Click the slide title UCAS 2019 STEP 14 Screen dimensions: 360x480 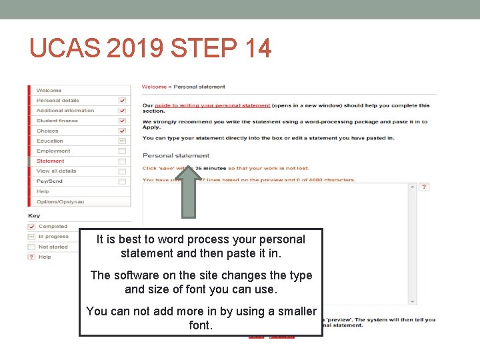pyautogui.click(x=151, y=48)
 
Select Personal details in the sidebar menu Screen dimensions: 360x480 pyautogui.click(x=57, y=101)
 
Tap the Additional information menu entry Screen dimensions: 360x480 pyautogui.click(x=65, y=111)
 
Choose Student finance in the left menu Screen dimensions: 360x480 pyautogui.click(x=57, y=121)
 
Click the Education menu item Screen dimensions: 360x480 pyautogui.click(x=50, y=141)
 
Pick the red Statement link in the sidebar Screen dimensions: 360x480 pyautogui.click(x=51, y=161)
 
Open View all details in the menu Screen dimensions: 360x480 pyautogui.click(x=56, y=171)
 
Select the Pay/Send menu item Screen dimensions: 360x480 pyautogui.click(x=49, y=181)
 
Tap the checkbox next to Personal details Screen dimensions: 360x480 pyautogui.click(x=122, y=101)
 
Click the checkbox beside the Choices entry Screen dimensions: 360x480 pyautogui.click(x=122, y=131)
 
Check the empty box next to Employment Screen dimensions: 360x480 pyautogui.click(x=122, y=151)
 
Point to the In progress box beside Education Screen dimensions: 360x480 pyautogui.click(x=122, y=141)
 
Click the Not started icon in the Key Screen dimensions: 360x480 pyautogui.click(x=31, y=247)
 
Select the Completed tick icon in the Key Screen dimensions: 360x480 pyautogui.click(x=31, y=227)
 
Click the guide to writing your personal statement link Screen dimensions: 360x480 pyautogui.click(x=211, y=105)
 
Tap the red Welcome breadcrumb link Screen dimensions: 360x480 pyautogui.click(x=154, y=87)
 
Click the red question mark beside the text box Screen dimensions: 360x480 pyautogui.click(x=425, y=187)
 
